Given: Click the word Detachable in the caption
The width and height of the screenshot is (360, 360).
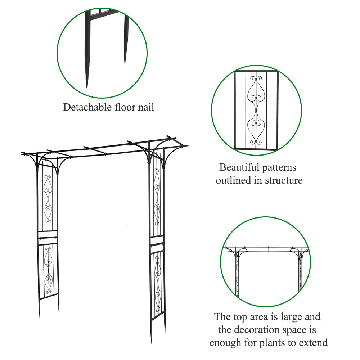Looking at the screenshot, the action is coord(87,107).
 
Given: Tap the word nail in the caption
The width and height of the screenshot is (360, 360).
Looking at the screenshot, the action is coord(146,107).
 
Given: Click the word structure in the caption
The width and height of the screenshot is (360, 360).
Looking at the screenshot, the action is coord(284,180).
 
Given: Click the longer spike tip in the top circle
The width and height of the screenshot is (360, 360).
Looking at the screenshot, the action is coord(87,87).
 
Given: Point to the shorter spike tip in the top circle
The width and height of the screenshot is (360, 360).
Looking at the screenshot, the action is coord(125,63).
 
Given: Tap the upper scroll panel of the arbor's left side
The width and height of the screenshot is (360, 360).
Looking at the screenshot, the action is coord(48,199).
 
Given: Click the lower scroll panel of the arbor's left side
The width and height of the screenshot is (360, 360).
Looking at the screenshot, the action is coord(49,271).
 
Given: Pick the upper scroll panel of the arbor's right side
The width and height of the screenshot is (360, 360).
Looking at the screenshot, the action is coord(157,197).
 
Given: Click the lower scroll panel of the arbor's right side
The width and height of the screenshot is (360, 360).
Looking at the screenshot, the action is coord(158,285).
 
